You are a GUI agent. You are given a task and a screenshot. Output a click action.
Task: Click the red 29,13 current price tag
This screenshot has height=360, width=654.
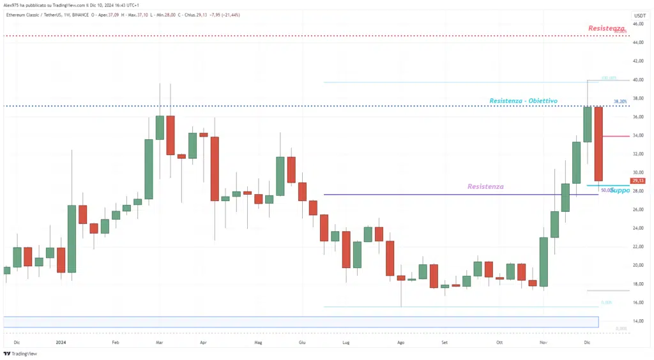(x=638, y=181)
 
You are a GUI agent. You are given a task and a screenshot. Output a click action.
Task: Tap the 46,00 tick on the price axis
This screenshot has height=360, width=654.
(x=638, y=24)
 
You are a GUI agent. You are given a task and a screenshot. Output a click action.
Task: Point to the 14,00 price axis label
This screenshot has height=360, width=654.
(x=638, y=321)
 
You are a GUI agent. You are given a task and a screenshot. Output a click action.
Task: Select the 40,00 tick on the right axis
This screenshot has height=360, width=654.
(x=638, y=80)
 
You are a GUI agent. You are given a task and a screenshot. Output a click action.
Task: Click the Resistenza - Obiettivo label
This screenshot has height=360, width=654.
(x=524, y=101)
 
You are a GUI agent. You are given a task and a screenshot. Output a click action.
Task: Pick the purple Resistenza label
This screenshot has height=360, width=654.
(x=485, y=187)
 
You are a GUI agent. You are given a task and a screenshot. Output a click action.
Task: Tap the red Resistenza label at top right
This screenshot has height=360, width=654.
(x=606, y=28)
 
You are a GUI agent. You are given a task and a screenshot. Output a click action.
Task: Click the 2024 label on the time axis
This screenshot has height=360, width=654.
(x=62, y=342)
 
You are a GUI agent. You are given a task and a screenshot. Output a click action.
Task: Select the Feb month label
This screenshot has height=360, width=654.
(x=116, y=342)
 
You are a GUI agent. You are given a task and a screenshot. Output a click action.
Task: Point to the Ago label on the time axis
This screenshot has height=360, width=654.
(x=401, y=342)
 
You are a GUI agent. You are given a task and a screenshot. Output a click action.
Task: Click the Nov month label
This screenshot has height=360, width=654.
(x=544, y=342)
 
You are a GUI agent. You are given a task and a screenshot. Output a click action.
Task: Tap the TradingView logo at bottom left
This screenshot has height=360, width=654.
(x=20, y=354)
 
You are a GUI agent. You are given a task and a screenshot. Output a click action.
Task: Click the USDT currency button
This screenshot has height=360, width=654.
(x=639, y=15)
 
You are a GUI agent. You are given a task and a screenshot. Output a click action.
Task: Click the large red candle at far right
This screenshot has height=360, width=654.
(x=598, y=144)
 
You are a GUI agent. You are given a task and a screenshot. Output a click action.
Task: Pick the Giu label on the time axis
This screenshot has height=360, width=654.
(x=302, y=342)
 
